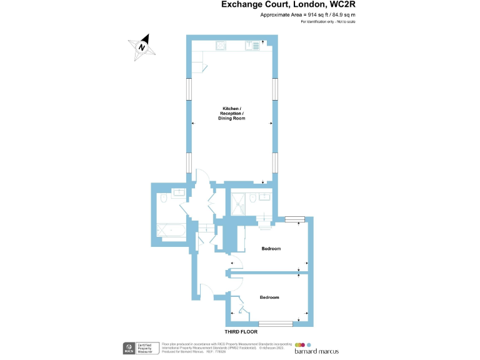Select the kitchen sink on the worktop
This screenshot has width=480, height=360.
254,44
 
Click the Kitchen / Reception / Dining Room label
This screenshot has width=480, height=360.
231,113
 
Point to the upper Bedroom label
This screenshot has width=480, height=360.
271,249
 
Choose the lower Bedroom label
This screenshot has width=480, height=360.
269,297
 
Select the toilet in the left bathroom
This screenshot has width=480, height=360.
163,199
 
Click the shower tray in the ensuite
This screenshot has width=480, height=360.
237,201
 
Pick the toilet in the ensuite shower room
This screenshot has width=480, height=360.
251,198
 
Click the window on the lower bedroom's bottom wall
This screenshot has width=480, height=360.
276,324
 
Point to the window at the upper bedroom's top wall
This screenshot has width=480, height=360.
294,219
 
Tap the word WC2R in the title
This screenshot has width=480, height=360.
342,6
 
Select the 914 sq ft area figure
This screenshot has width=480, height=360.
314,15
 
